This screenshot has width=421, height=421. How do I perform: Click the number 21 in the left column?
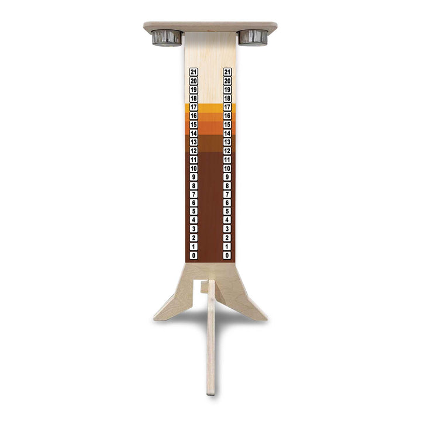[194, 72]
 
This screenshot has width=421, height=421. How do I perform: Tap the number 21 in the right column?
[227, 72]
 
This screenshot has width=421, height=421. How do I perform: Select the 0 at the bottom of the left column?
[194, 256]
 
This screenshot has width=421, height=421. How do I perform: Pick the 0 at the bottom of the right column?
[227, 256]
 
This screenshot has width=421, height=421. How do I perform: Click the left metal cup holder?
[167, 37]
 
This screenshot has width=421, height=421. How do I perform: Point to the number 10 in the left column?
[194, 168]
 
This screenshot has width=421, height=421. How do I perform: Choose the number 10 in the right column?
[227, 168]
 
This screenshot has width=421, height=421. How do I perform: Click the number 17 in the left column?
[194, 107]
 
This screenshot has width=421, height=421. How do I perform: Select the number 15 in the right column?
[227, 125]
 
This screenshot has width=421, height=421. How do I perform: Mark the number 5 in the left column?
[194, 212]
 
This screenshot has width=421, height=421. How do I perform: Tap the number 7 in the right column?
[227, 194]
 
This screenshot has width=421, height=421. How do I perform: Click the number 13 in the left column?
[194, 142]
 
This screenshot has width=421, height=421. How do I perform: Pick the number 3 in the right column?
[227, 229]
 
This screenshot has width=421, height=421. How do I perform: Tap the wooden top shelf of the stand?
[210, 26]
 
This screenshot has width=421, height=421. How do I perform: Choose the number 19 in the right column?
[227, 89]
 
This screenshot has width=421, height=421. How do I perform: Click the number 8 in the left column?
[194, 185]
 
